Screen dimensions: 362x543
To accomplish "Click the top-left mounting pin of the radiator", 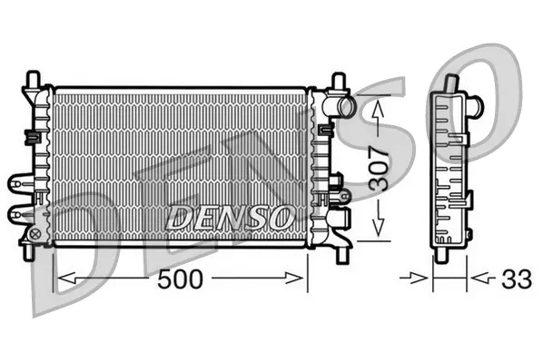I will point(34,80).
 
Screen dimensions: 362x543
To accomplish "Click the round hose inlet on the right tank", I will point(345,108).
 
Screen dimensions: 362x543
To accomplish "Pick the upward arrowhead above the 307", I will point(377,107).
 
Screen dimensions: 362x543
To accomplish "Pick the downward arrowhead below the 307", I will point(377,231).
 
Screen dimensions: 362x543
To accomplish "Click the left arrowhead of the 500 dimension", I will point(62,279).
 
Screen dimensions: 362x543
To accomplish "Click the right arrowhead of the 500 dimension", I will point(302,279).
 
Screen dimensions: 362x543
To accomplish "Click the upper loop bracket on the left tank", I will point(23,181).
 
